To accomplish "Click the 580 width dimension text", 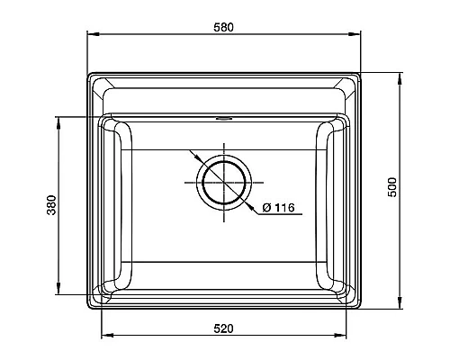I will point(223,27).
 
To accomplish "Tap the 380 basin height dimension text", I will point(51,205).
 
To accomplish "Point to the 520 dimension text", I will point(223,328).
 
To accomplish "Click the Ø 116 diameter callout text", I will point(279,209).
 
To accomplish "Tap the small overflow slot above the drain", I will point(223,117).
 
